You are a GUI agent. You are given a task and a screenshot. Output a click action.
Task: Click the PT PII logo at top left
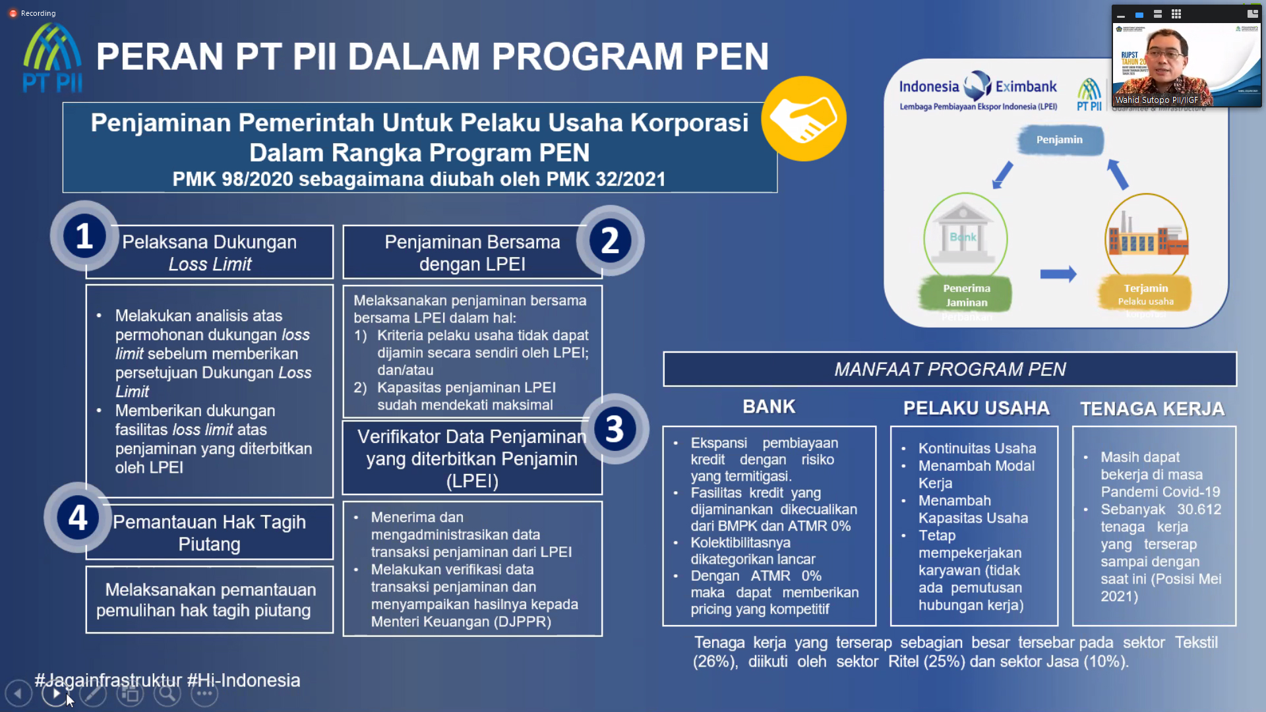tap(53, 58)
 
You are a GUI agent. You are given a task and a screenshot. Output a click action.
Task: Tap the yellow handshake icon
tap(803, 119)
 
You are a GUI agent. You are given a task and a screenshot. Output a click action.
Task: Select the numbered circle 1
tap(84, 236)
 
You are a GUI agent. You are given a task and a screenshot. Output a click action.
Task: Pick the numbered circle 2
tap(610, 241)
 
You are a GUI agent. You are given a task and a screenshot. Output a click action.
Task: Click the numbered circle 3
tap(615, 429)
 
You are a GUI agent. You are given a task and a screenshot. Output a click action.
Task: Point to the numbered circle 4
tap(78, 518)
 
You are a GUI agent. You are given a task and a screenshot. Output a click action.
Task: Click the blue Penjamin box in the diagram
tap(1060, 140)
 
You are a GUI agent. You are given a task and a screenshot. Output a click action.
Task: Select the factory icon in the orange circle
tap(1147, 237)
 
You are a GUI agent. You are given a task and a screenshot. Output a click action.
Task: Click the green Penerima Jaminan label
tap(967, 295)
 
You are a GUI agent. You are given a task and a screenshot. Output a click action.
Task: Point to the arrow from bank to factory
tap(1058, 274)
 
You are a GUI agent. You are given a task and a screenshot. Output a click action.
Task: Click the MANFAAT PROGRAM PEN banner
tap(950, 369)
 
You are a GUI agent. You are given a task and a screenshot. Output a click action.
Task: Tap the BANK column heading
tap(769, 407)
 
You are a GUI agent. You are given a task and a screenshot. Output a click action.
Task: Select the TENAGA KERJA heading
tap(1152, 409)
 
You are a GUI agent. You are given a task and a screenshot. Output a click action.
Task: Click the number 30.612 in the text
tap(1199, 510)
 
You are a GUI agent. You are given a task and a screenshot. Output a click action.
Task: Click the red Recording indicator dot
tap(13, 13)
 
